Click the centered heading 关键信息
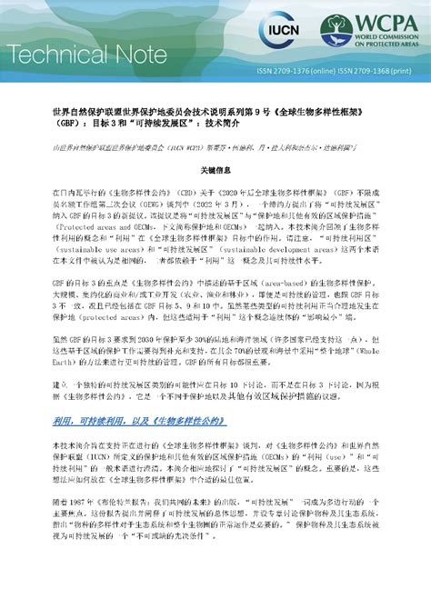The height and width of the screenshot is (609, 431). pos(215,170)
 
